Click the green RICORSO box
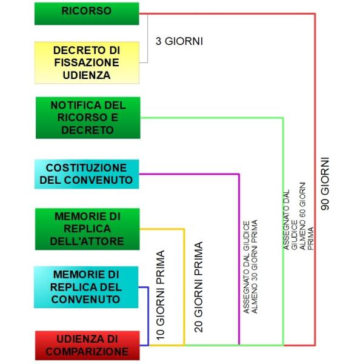click(x=87, y=13)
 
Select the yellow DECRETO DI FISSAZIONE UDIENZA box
click(x=87, y=62)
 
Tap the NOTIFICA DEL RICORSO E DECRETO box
click(x=88, y=118)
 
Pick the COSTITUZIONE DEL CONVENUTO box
click(x=87, y=174)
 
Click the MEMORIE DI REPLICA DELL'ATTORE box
click(x=87, y=229)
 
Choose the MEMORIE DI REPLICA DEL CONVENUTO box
click(x=86, y=287)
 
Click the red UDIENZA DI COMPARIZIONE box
click(x=87, y=345)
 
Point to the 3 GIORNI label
click(x=179, y=41)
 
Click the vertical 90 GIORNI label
click(x=325, y=184)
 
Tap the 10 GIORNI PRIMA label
click(x=161, y=295)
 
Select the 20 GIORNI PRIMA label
click(x=199, y=287)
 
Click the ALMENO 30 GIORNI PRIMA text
click(x=255, y=266)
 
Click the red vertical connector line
click(x=315, y=180)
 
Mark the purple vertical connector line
click(x=239, y=259)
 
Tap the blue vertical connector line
click(x=148, y=316)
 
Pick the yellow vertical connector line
click(x=184, y=287)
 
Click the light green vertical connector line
click(x=283, y=232)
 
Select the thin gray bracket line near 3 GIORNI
click(x=147, y=38)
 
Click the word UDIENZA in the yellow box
click(x=87, y=75)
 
